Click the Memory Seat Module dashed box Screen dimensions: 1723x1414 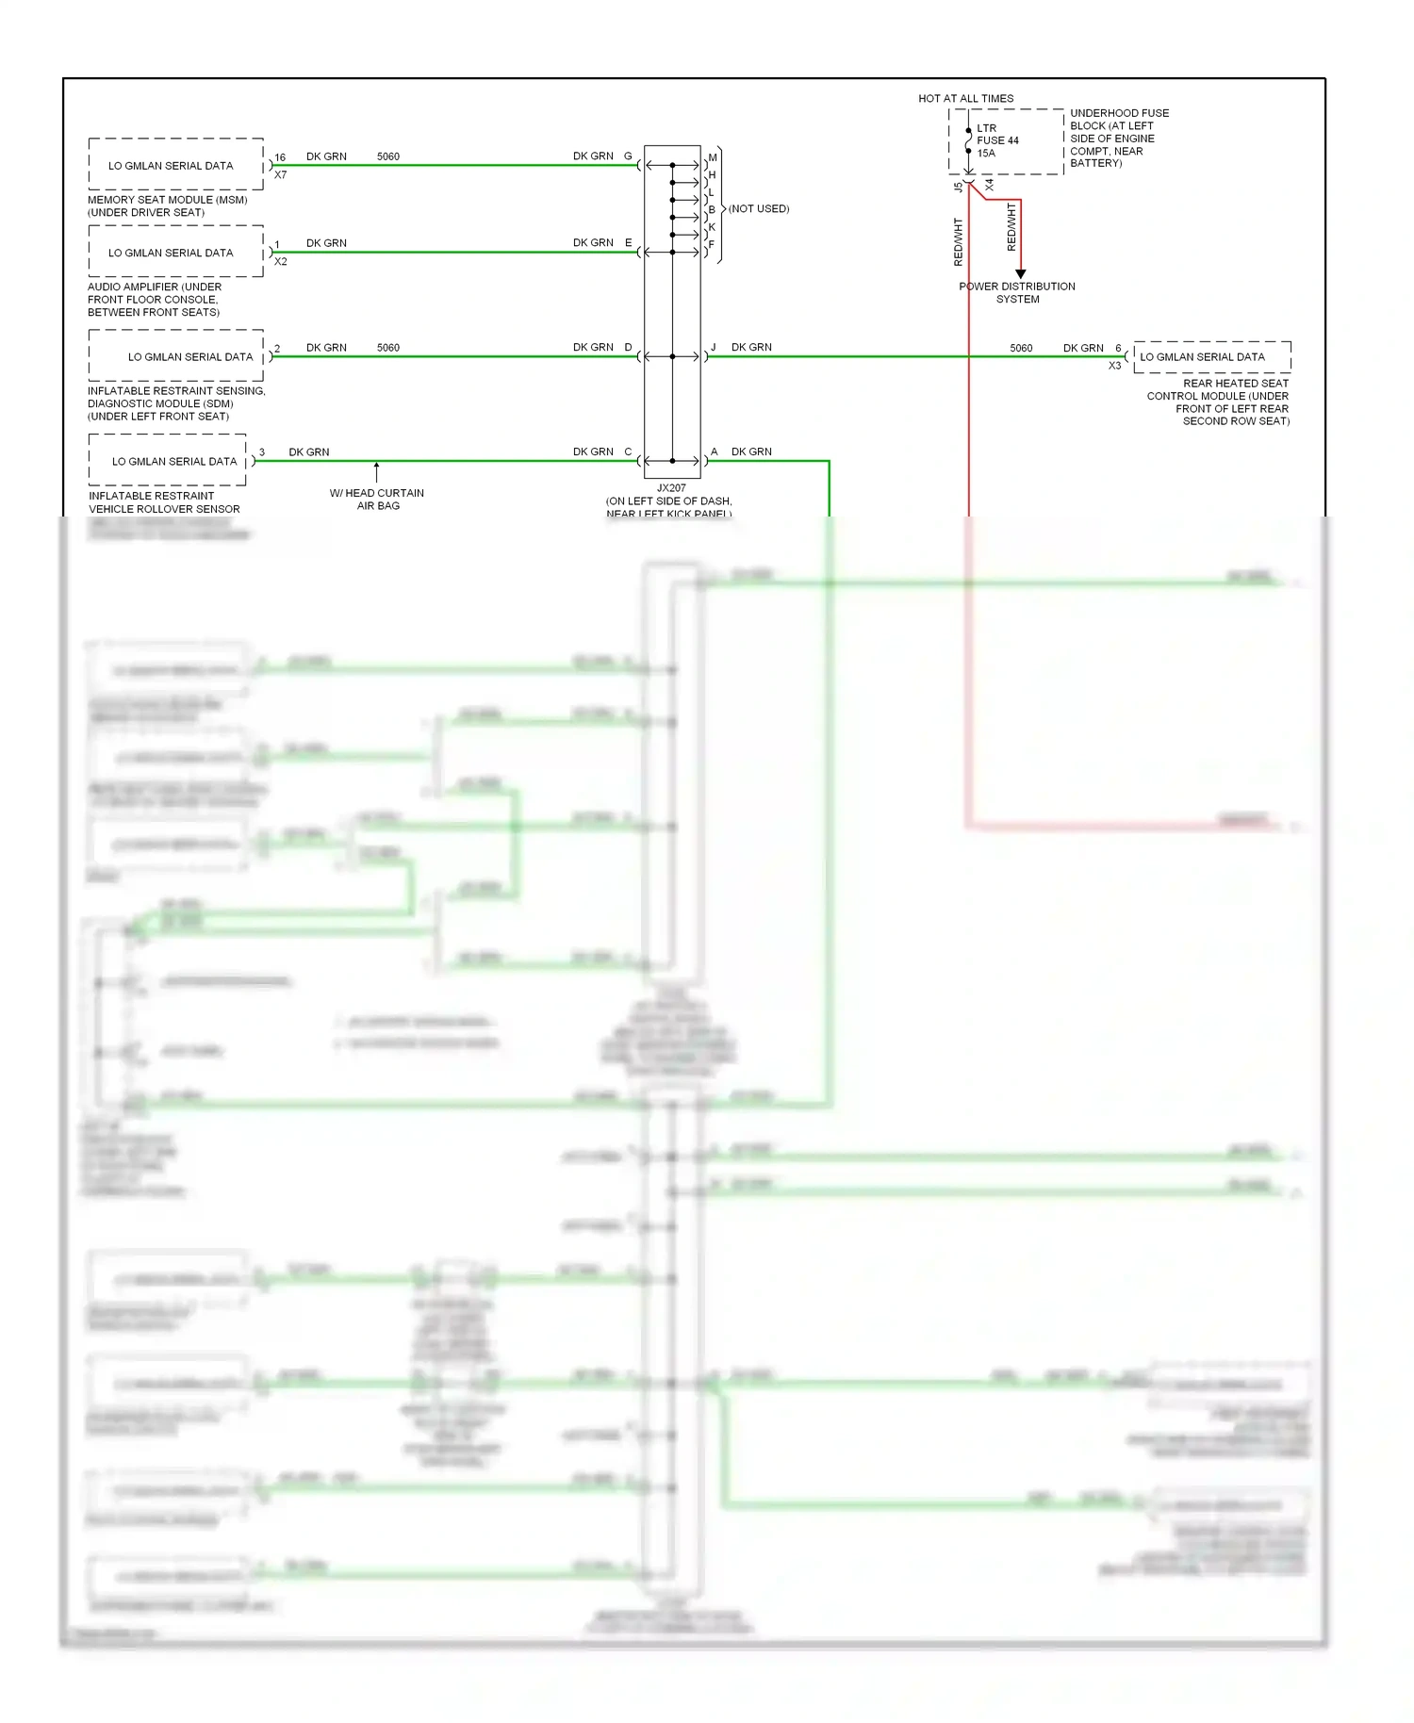(x=175, y=165)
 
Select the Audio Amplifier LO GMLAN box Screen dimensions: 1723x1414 (x=175, y=252)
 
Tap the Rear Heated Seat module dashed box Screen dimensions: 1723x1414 (x=1211, y=356)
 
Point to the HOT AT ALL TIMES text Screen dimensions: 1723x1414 (x=965, y=98)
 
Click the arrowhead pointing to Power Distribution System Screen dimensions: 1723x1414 (x=1020, y=273)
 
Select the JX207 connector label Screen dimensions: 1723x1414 (x=671, y=488)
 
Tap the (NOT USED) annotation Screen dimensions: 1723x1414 (x=759, y=208)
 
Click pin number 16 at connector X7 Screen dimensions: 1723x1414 (x=280, y=157)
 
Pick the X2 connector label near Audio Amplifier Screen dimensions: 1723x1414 (x=281, y=262)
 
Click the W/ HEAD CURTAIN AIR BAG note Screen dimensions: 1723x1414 (x=377, y=499)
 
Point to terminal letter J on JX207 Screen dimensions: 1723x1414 (x=714, y=347)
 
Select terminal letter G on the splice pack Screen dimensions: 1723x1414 (x=628, y=156)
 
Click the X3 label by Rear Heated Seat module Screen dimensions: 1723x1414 (x=1114, y=366)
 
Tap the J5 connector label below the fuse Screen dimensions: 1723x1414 (x=959, y=187)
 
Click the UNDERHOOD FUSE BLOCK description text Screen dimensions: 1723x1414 (x=1118, y=138)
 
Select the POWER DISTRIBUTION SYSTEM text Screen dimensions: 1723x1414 (x=1017, y=292)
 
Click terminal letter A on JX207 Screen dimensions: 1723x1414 (x=714, y=451)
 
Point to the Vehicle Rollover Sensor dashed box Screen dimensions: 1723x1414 (x=168, y=461)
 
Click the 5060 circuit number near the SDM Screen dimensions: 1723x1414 (x=387, y=347)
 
